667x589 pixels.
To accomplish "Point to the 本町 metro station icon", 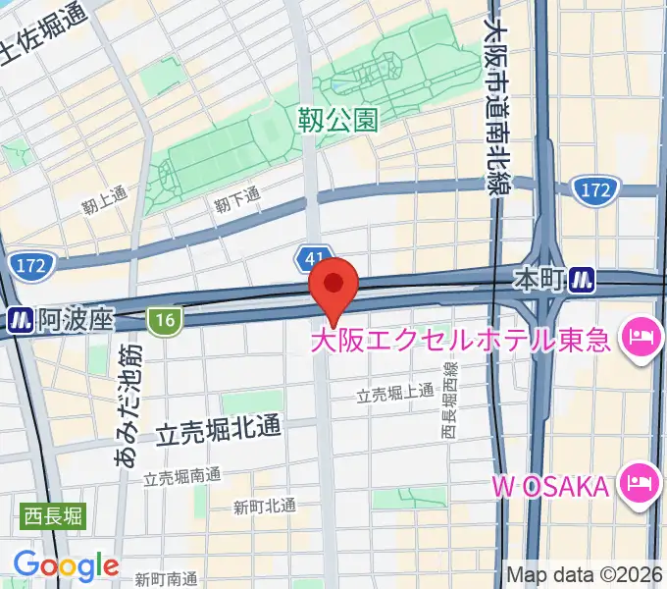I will point(585,281).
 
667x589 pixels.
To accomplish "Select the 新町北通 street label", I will point(264,506).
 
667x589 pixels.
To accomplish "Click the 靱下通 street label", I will point(237,198).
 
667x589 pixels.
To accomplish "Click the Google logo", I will point(66,565).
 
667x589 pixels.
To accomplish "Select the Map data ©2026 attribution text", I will point(585,574).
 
